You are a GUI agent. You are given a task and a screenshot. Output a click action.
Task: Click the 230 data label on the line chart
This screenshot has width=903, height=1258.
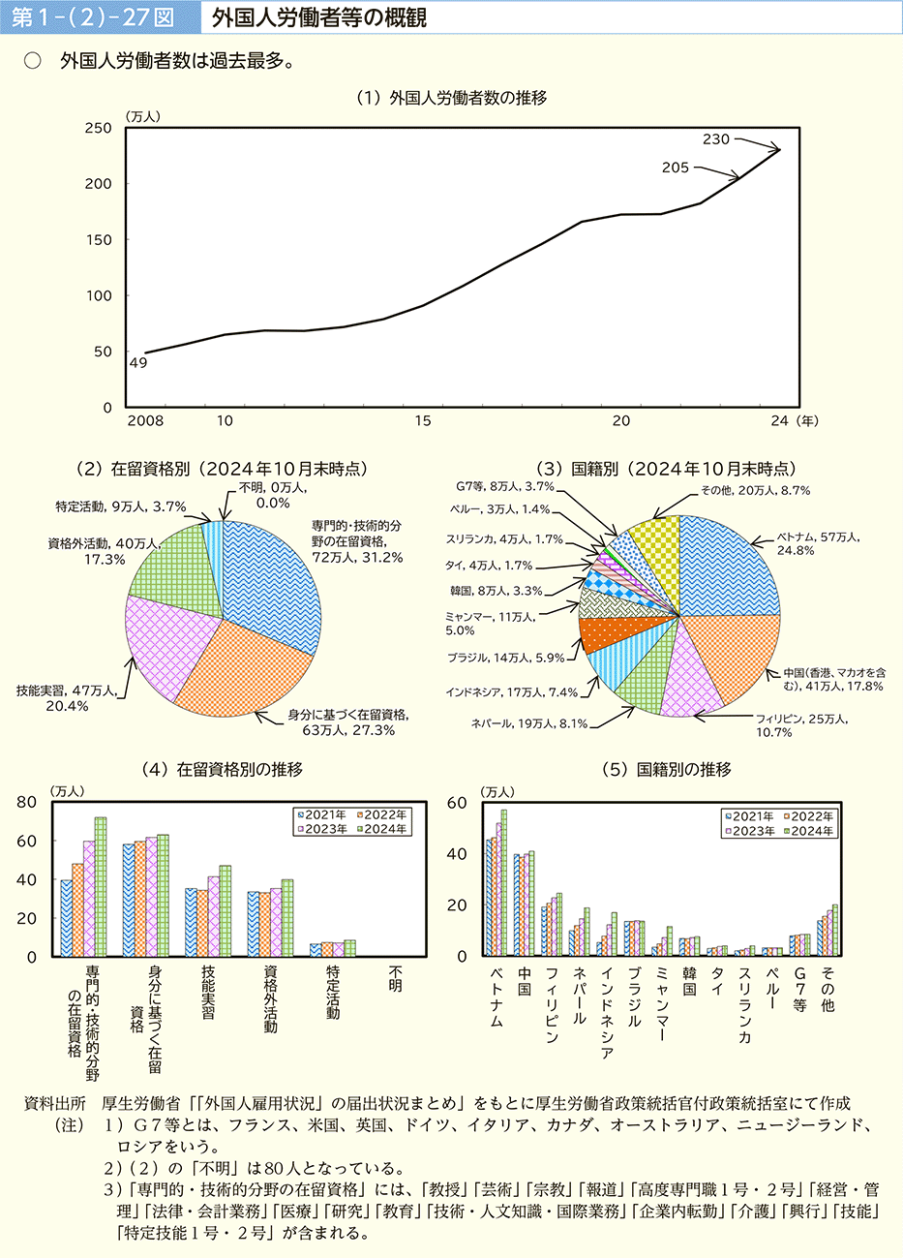click(716, 139)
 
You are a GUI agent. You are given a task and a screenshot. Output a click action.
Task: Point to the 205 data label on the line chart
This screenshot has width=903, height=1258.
click(676, 168)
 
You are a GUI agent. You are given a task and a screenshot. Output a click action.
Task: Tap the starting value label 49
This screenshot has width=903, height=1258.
click(137, 363)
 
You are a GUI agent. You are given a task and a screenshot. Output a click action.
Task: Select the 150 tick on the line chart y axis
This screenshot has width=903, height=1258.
click(100, 240)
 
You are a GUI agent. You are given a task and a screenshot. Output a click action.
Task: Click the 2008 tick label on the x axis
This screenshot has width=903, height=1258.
click(145, 421)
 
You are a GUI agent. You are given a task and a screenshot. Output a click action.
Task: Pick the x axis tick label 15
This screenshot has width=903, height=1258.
click(423, 421)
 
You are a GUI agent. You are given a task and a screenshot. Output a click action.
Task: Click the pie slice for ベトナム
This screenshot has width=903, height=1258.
click(731, 567)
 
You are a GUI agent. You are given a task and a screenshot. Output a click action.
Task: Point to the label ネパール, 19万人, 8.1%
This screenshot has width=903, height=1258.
click(529, 723)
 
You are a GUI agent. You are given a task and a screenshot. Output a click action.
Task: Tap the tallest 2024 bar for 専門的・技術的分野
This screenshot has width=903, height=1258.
click(101, 886)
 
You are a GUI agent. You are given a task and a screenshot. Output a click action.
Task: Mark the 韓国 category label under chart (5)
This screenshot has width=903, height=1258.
click(689, 980)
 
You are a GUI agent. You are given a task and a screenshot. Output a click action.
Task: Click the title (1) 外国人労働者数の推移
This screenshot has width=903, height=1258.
click(452, 98)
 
